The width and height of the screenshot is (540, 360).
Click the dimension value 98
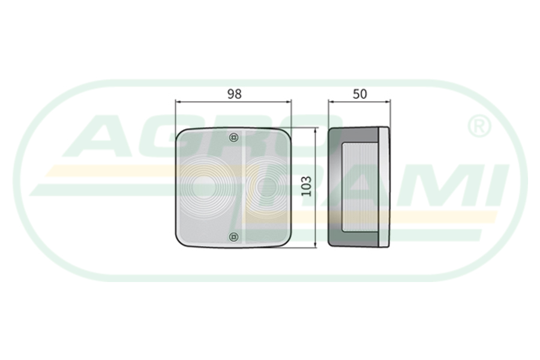point(234,94)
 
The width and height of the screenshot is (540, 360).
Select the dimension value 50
point(360,94)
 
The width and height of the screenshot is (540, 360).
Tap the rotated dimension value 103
point(306,187)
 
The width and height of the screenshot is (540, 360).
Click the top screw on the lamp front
point(234,137)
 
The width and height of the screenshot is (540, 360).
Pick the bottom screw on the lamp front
point(234,236)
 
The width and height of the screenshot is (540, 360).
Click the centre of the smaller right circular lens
point(266,187)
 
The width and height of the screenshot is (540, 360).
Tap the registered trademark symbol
point(479,127)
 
